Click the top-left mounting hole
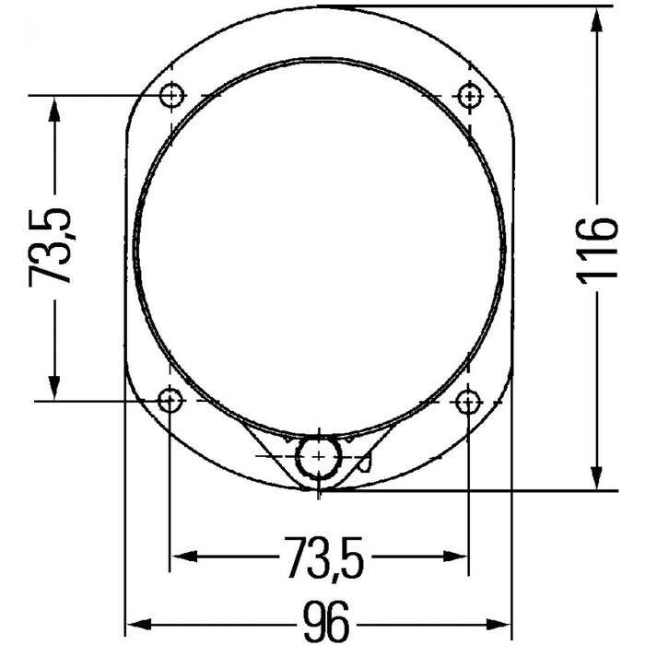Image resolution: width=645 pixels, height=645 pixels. point(171,95)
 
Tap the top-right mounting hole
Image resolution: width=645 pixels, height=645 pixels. point(471,95)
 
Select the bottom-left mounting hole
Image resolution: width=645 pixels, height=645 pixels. point(171,401)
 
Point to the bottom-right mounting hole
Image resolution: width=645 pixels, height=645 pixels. point(471,401)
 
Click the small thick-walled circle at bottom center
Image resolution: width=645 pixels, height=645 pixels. point(319,456)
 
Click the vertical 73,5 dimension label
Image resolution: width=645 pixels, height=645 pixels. point(52,247)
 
